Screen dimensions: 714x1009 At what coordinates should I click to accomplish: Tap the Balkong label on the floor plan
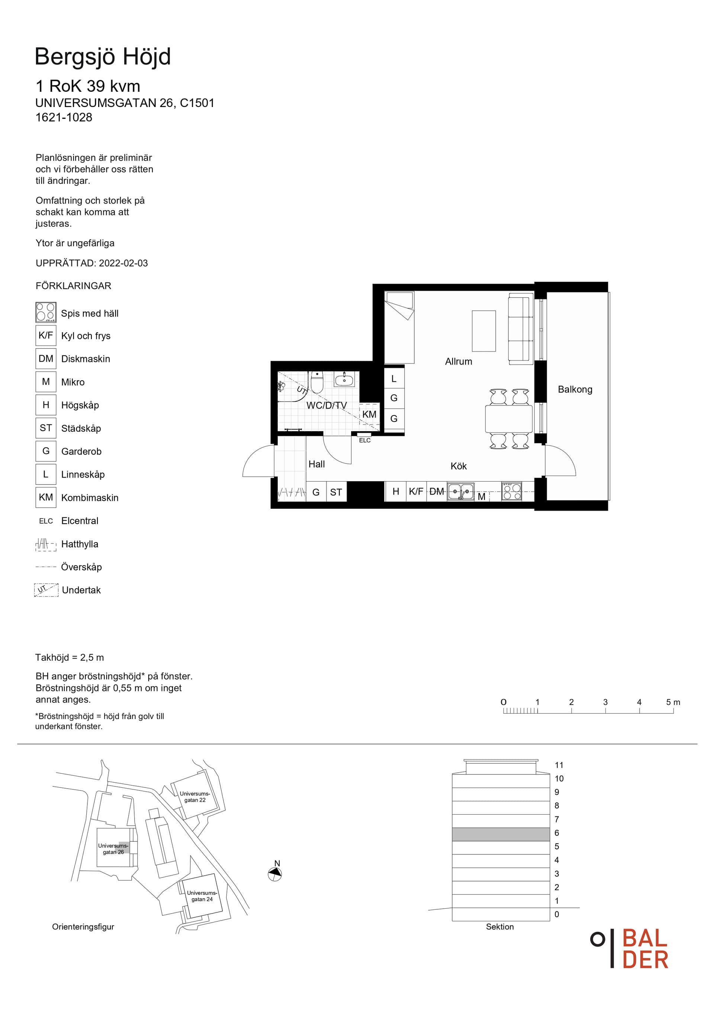(575, 389)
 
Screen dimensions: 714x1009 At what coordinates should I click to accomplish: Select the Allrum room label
(459, 362)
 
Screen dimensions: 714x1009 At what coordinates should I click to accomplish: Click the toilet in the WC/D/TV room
(316, 382)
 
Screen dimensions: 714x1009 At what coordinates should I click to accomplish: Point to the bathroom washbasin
(344, 379)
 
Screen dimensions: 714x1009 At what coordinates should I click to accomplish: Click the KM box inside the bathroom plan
(369, 414)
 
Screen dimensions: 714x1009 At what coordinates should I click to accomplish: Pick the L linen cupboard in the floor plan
(394, 378)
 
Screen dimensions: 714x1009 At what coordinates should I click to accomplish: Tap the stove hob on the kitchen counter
(512, 491)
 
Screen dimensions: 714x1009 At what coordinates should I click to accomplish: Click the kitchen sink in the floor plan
(461, 491)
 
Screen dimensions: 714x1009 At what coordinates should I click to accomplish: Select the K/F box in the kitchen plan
(416, 491)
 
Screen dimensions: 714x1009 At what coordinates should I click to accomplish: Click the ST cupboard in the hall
(336, 492)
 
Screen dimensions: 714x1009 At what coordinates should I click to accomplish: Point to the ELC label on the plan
(365, 440)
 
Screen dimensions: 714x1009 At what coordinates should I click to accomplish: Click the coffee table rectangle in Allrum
(483, 331)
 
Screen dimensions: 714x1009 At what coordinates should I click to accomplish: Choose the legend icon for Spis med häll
(46, 313)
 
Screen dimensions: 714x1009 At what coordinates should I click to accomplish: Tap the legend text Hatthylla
(80, 544)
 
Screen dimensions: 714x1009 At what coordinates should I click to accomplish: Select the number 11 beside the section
(559, 765)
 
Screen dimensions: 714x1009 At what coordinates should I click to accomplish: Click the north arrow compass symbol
(275, 874)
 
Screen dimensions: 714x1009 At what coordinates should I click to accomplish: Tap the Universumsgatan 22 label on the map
(195, 797)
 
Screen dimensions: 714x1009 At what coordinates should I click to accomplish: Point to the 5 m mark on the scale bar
(673, 702)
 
